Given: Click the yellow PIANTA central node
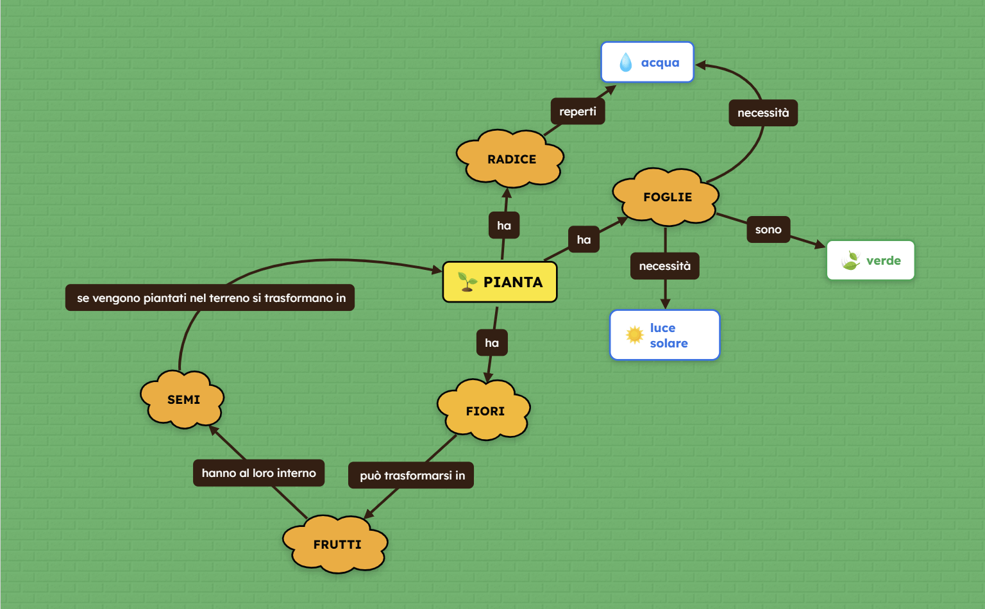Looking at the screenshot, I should (x=500, y=282).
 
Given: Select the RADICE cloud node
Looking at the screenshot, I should (x=510, y=159).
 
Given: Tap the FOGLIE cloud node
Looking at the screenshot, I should (x=667, y=197).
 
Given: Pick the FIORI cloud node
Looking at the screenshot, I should (x=485, y=411).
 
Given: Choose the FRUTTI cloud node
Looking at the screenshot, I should (x=337, y=544).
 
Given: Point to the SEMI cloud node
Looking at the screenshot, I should (x=183, y=399).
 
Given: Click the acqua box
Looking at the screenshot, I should (x=647, y=62).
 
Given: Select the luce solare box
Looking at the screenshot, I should (x=664, y=335).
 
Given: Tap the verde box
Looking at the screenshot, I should (x=870, y=260).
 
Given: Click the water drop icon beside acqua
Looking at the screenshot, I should (x=626, y=62).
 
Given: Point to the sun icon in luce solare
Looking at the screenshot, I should (x=634, y=335).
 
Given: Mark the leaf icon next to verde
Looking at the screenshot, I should (x=851, y=260).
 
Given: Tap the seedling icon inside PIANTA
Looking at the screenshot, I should (x=467, y=281).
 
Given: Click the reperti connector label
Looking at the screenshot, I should (x=577, y=112).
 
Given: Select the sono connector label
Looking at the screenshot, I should (x=768, y=229).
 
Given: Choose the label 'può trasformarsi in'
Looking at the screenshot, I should (x=411, y=476).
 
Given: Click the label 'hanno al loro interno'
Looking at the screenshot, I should (x=258, y=473).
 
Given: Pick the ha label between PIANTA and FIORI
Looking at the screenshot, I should (x=492, y=343).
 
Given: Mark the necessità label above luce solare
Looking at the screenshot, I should (x=664, y=266).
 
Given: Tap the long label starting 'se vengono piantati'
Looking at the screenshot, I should (x=210, y=298).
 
